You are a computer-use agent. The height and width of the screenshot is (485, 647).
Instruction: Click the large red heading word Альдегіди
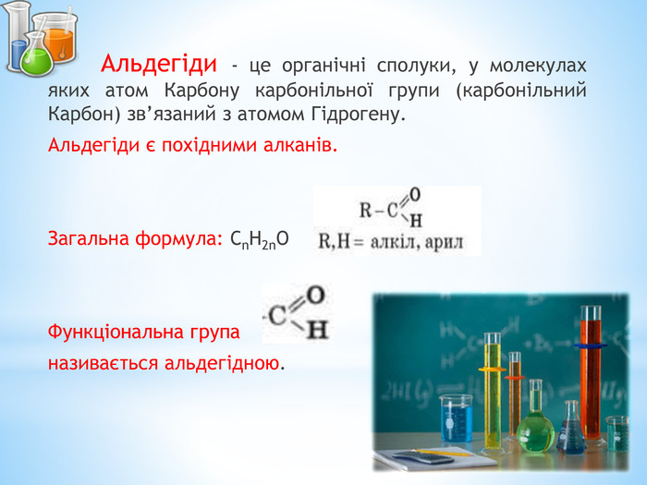[159, 64]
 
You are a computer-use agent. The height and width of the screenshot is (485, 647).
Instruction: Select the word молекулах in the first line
[538, 66]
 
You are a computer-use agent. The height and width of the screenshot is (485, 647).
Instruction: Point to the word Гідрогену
[356, 114]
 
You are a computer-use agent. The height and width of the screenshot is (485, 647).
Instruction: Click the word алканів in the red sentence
[300, 145]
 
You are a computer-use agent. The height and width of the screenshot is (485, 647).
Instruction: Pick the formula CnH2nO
[260, 239]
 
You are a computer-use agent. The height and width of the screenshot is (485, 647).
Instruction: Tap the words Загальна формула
[135, 239]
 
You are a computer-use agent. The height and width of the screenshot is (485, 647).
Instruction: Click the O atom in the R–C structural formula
[415, 195]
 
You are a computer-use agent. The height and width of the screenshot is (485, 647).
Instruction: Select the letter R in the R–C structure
[366, 211]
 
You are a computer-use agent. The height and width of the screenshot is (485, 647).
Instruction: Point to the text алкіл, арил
[417, 242]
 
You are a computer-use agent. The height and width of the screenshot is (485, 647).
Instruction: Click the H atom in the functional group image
[318, 330]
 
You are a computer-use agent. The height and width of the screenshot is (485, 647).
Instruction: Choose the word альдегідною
[222, 364]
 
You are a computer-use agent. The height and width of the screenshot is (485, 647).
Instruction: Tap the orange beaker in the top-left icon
[57, 39]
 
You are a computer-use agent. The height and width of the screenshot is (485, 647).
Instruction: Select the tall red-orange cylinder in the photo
[591, 375]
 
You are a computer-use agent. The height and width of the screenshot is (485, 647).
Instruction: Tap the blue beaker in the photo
[456, 418]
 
